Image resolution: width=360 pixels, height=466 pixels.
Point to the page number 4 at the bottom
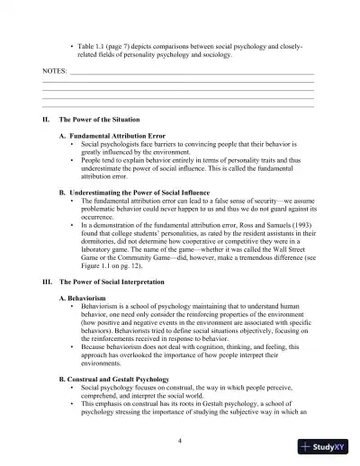pyautogui.click(x=180, y=440)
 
